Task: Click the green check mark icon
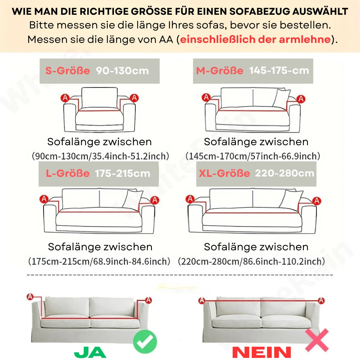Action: (145, 341)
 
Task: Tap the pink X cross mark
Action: (317, 340)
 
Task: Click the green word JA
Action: (90, 352)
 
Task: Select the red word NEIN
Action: (262, 352)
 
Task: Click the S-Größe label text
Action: (67, 70)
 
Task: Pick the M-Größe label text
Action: (219, 70)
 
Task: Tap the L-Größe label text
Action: (68, 173)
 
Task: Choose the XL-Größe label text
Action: (224, 173)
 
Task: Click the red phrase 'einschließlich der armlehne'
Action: (255, 39)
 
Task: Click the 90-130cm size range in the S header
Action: (122, 71)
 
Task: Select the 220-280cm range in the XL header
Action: (285, 173)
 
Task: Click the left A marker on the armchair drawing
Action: (65, 98)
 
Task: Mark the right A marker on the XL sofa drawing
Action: (317, 201)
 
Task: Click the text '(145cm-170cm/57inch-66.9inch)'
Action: (253, 156)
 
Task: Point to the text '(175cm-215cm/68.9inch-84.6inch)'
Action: (99, 261)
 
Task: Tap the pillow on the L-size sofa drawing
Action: (133, 199)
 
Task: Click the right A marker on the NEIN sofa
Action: (321, 300)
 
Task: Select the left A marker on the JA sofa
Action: (30, 296)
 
